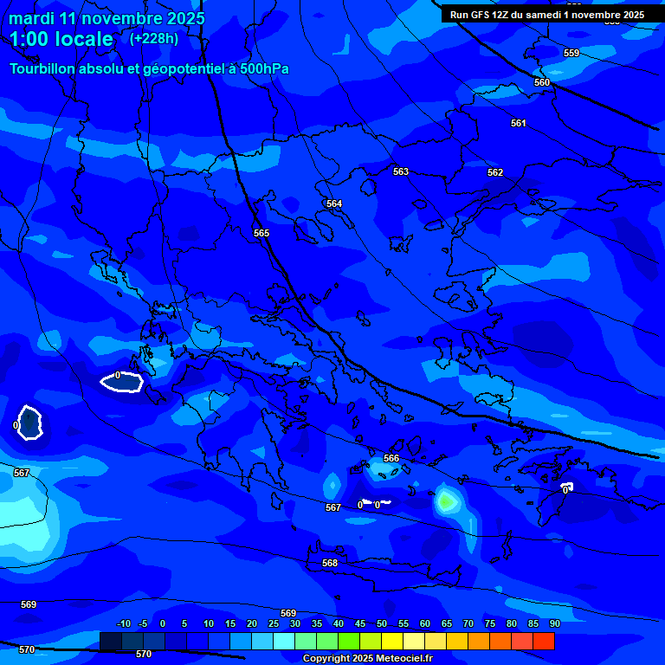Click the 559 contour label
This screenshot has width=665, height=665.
click(x=571, y=53)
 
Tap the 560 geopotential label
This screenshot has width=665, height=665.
click(x=542, y=82)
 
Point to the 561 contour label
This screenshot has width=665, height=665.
click(x=519, y=123)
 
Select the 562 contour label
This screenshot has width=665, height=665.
click(x=495, y=172)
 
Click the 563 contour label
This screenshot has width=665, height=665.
click(x=401, y=171)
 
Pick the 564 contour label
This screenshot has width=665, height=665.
click(x=334, y=203)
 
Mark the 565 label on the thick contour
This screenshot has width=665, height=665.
click(x=261, y=233)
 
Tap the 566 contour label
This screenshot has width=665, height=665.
click(x=391, y=458)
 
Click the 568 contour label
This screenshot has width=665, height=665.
click(x=330, y=563)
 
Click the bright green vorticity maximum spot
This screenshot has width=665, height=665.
click(x=446, y=500)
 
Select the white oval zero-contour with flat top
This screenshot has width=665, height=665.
click(x=121, y=382)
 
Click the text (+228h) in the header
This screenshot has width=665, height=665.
click(x=154, y=38)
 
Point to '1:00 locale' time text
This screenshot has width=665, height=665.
click(x=61, y=39)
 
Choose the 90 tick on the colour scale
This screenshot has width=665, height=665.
click(x=554, y=623)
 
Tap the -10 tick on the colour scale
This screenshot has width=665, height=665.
click(x=123, y=623)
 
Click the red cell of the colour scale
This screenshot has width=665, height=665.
click(x=544, y=641)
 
